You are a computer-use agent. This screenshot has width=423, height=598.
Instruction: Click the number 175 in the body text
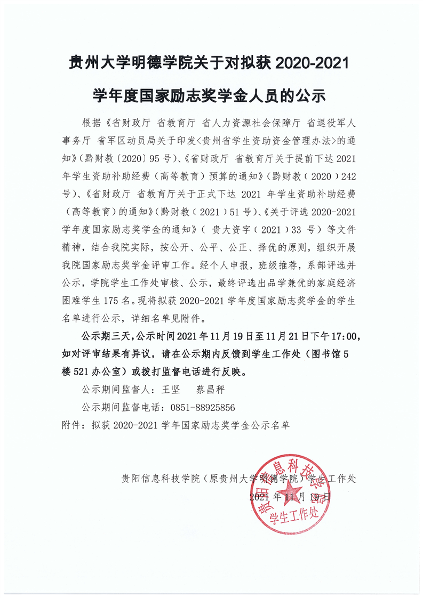click(113, 301)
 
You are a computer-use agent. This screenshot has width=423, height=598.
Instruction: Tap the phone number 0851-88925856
click(203, 407)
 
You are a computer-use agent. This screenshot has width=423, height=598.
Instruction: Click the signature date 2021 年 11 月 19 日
click(290, 497)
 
